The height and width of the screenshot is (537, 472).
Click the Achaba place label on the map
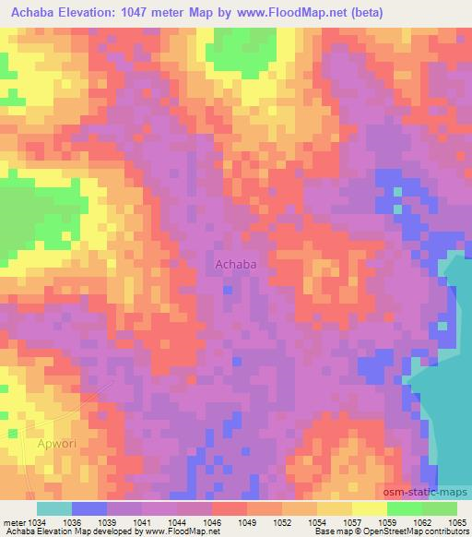tap(235, 265)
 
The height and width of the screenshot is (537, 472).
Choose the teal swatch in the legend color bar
tap(54, 508)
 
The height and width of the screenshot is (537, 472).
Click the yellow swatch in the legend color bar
tap(369, 508)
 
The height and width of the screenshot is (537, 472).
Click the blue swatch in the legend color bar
tap(89, 508)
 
